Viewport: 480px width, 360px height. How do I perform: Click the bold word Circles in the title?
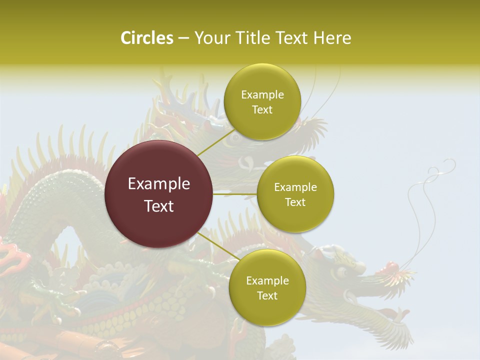click(146, 38)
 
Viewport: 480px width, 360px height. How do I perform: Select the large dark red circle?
click(159, 194)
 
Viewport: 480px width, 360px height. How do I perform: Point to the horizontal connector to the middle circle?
click(234, 194)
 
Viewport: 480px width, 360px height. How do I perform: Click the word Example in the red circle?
click(159, 184)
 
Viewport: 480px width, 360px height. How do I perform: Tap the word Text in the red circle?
click(159, 206)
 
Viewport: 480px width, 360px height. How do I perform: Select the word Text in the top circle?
click(262, 110)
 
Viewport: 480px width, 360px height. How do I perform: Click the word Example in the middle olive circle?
click(295, 187)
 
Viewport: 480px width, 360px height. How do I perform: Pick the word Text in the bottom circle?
click(267, 295)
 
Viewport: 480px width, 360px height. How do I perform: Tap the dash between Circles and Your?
click(183, 38)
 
